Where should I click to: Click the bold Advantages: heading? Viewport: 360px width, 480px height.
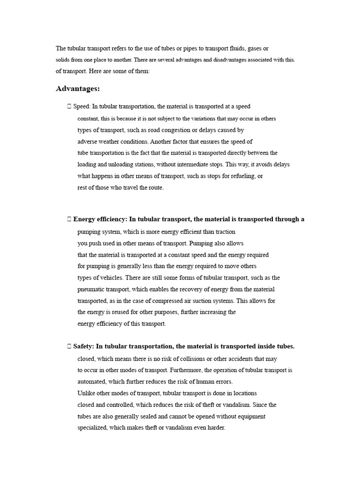(x=78, y=89)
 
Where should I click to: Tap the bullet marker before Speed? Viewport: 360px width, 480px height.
(x=69, y=107)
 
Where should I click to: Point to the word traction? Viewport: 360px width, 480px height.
(x=225, y=232)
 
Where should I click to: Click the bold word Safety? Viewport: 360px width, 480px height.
(x=84, y=346)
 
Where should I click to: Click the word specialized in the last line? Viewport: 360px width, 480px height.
(x=92, y=427)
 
